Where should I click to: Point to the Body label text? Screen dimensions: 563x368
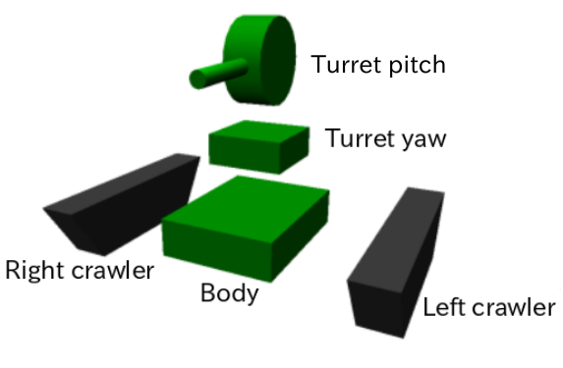click(x=230, y=293)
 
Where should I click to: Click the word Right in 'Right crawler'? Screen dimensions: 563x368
click(x=35, y=272)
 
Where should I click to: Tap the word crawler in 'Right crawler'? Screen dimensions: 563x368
click(x=113, y=271)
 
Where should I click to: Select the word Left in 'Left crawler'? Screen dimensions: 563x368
click(x=445, y=307)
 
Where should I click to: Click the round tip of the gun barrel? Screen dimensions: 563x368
click(x=197, y=79)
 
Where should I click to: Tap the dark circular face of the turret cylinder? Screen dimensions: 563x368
click(x=278, y=60)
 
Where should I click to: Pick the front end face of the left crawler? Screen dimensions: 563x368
click(x=378, y=308)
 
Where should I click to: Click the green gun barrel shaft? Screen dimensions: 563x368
click(x=222, y=72)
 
